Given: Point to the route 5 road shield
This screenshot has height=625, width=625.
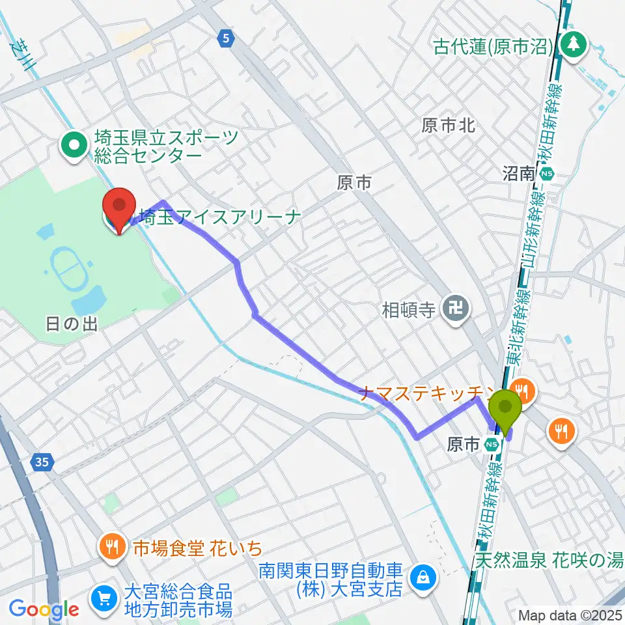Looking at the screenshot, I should tap(225, 39).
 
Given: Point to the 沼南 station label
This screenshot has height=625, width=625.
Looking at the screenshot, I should tap(519, 173).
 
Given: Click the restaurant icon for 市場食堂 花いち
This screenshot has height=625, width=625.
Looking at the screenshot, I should tap(113, 547).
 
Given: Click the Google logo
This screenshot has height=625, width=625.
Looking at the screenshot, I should tap(44, 609).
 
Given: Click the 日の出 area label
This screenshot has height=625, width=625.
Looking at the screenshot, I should tap(72, 324).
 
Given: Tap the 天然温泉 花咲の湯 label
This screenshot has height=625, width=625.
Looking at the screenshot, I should tap(548, 559).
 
